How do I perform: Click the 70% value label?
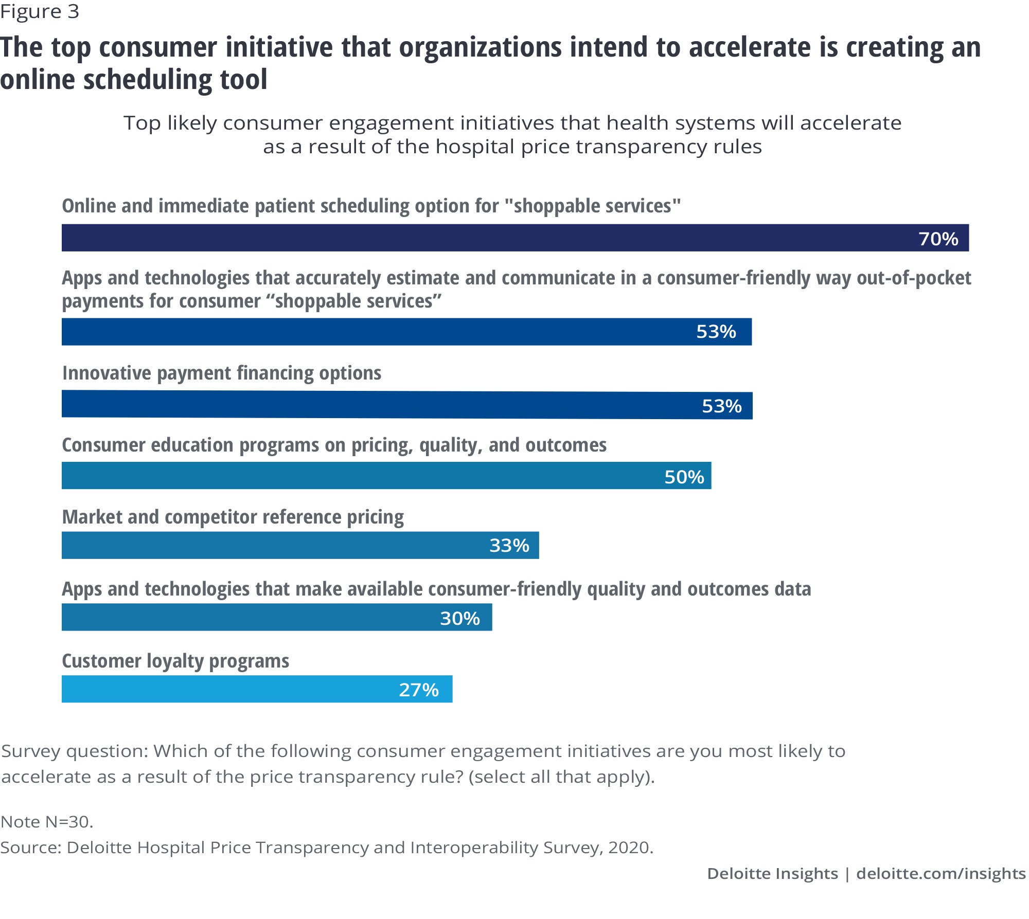click(938, 239)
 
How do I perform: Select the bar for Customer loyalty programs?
click(232, 689)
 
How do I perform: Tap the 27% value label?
click(419, 690)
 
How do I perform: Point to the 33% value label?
click(509, 545)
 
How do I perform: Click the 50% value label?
click(684, 477)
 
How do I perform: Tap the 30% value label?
click(459, 618)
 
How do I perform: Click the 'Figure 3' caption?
click(40, 11)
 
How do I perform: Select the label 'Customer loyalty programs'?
click(175, 661)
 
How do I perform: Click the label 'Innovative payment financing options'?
click(222, 373)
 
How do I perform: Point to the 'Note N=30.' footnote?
click(47, 822)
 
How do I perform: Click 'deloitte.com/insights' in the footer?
click(941, 874)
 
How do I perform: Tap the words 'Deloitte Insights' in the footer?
click(772, 874)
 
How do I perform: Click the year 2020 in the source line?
click(630, 848)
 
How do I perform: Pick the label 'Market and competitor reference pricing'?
click(233, 517)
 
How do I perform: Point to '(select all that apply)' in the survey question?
click(561, 777)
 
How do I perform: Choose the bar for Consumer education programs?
click(360, 476)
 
